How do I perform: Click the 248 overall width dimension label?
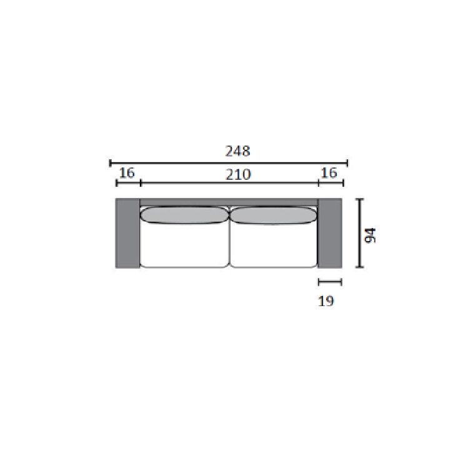point(238,151)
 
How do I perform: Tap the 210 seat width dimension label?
point(238,174)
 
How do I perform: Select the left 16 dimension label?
point(127,172)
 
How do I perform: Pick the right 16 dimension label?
point(329,172)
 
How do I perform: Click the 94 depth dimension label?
point(370,235)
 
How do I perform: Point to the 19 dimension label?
point(326,301)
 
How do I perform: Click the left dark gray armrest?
point(127,233)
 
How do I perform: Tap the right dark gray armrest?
point(330,233)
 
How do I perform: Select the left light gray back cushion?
point(184,215)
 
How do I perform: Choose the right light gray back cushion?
point(273,215)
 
